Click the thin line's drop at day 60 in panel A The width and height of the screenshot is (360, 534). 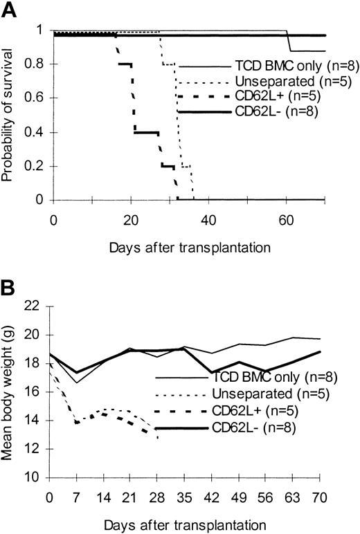pos(289,42)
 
